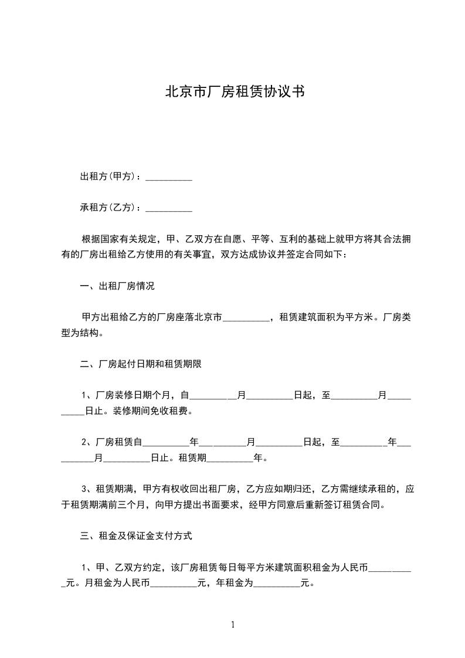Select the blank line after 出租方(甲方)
pos(168,178)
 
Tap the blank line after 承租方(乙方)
pos(168,208)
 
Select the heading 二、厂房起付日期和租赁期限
pos(141,364)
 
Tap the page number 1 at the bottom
pos(233,625)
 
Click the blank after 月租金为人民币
pos(174,585)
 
